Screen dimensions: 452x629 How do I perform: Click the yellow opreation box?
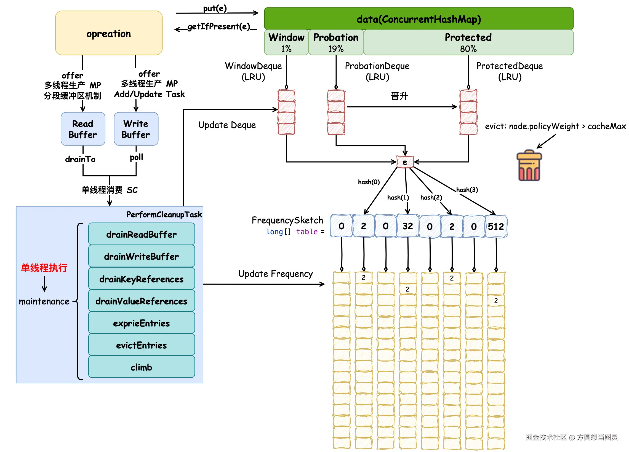point(108,33)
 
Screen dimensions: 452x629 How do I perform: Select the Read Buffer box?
point(83,129)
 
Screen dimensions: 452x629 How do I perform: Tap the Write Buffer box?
point(136,129)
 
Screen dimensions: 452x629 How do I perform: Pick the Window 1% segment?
point(286,42)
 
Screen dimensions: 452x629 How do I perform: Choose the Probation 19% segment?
point(335,42)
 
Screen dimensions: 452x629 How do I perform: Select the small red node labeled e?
point(405,162)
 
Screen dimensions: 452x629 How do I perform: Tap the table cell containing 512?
point(495,227)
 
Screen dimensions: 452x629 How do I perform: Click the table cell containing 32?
point(407,226)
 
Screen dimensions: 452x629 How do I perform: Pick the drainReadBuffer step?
point(142,235)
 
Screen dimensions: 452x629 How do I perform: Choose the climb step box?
point(142,367)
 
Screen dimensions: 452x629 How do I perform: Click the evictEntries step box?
point(142,345)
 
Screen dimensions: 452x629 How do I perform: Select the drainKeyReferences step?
point(142,279)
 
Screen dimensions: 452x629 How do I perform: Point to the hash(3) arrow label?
point(467,190)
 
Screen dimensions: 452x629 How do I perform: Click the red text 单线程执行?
point(44,268)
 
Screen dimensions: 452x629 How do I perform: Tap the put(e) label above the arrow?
point(215,8)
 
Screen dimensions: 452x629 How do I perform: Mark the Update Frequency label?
point(275,274)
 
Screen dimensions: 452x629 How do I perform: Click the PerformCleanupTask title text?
point(164,214)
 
